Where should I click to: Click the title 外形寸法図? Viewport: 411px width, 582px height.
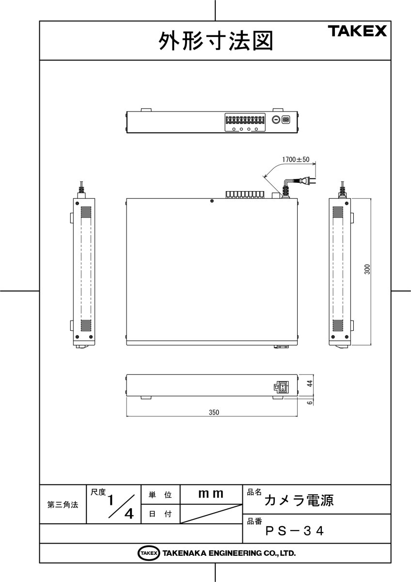pos(215,41)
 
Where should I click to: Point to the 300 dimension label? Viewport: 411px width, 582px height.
pos(367,270)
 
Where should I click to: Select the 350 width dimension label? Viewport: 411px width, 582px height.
pos(214,413)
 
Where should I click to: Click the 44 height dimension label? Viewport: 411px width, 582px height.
pos(310,383)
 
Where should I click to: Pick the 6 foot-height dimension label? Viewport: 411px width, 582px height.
pos(310,402)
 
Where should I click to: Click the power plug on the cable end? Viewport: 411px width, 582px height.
pos(305,181)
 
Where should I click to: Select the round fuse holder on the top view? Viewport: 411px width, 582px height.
pos(275,119)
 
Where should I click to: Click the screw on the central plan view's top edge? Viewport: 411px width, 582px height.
pos(212,201)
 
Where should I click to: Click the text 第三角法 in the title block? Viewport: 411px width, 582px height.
pos(63,504)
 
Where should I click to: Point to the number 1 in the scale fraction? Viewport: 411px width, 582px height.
pos(112,499)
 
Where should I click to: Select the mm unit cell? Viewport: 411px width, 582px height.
pos(211,494)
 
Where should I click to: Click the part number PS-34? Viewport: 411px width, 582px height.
pos(294,531)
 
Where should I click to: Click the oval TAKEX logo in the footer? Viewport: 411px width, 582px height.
pos(149,553)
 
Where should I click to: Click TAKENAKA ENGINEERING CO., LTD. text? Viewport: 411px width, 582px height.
pos(229,553)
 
